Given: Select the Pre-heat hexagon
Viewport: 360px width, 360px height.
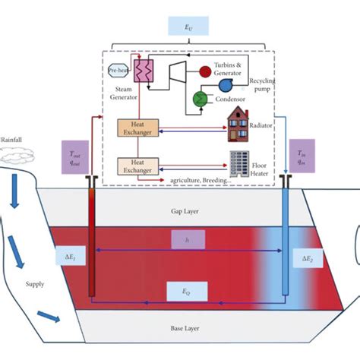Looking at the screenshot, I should point(118,69).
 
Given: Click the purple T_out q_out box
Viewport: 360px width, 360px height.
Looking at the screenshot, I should point(74,156).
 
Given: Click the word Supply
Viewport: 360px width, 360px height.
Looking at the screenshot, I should point(36,285).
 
